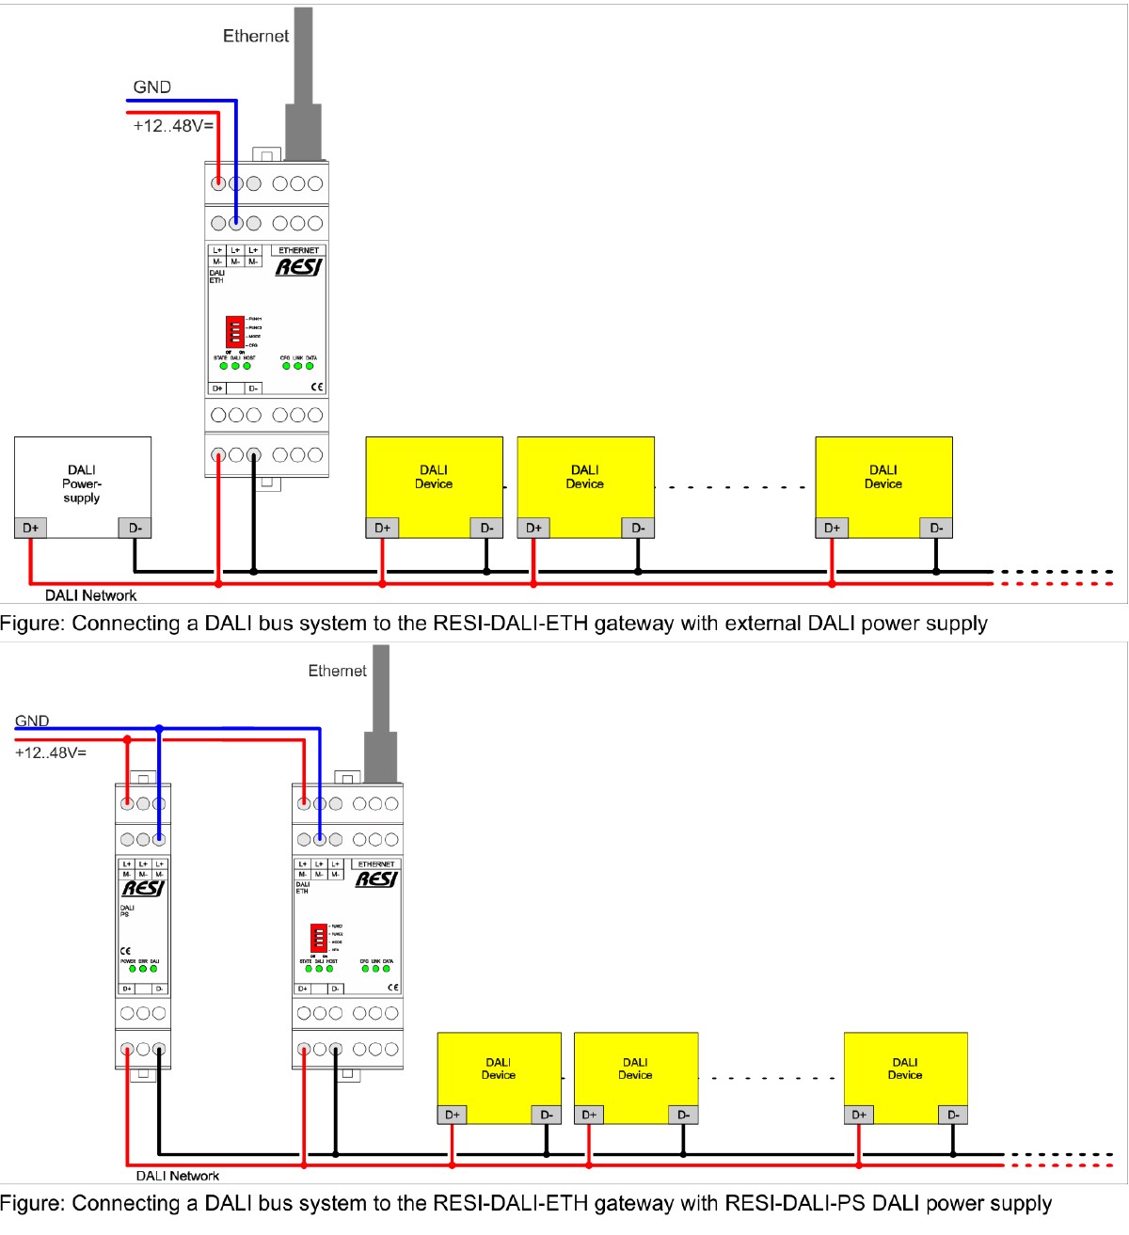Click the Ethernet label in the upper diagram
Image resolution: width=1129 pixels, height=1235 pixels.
pos(255,37)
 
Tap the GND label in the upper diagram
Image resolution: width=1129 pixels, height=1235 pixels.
pos(151,87)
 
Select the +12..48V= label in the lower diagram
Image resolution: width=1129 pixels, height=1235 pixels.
pos(51,752)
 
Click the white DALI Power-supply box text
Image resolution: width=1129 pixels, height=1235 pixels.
pos(82,483)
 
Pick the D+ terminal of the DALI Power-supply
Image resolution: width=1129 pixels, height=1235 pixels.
pos(31,528)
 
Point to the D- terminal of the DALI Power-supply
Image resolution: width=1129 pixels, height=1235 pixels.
pos(135,528)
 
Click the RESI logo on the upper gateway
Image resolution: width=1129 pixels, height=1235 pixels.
pos(298,267)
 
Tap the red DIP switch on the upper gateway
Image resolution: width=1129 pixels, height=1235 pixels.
pos(234,332)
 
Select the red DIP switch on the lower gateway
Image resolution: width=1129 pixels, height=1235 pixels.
pos(319,938)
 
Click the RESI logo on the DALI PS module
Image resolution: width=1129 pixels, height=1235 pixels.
pos(143,888)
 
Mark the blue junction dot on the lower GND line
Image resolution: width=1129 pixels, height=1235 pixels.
pos(159,728)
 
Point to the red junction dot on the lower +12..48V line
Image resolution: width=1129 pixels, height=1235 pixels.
pos(127,740)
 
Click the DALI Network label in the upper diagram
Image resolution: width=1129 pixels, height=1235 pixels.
pos(90,595)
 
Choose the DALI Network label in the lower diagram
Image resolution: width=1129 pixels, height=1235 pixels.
pos(177,1176)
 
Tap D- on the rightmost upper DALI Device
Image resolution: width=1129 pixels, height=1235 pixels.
pos(936,528)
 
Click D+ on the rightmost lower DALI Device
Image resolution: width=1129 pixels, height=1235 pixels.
pos(859,1115)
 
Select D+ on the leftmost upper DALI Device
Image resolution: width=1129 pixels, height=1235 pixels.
pos(382,528)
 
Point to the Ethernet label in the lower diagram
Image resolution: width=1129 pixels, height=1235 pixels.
pos(337,671)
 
